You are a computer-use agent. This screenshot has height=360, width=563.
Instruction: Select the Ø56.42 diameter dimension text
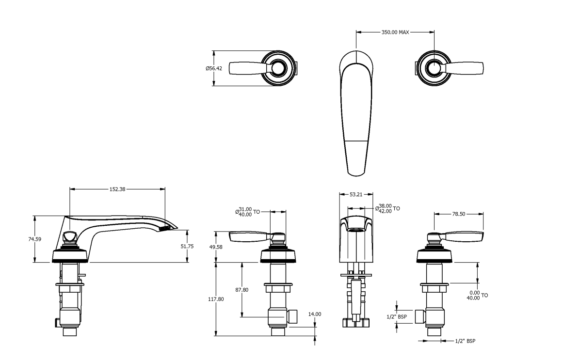[x=213, y=69]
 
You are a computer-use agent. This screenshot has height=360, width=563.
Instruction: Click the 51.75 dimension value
[x=187, y=246]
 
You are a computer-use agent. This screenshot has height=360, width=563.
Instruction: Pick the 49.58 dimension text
[x=216, y=247]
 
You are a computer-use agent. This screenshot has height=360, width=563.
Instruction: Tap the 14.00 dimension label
[x=315, y=314]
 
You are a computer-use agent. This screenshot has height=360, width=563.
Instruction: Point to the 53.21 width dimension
[x=356, y=194]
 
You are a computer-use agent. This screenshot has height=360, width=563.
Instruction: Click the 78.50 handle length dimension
[x=458, y=214]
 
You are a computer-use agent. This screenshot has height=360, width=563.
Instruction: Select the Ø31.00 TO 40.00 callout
[x=248, y=212]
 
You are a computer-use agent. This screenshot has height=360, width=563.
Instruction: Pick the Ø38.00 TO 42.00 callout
[x=387, y=208]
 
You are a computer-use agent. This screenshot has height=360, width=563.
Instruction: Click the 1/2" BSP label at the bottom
[x=465, y=341]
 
